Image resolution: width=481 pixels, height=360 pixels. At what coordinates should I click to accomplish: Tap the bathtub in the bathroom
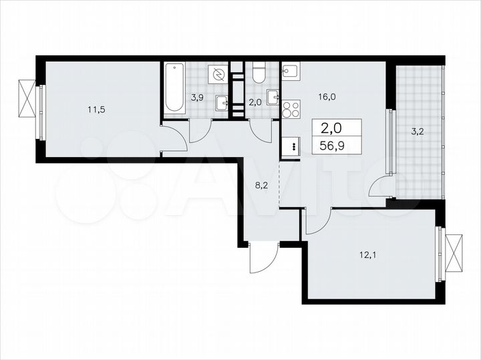click(x=174, y=87)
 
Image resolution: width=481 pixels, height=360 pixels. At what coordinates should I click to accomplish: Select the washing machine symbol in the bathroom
click(x=218, y=75)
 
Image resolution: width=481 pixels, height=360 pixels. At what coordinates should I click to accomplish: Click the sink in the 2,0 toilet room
click(x=273, y=98)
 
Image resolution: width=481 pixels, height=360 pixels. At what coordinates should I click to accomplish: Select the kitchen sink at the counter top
click(x=291, y=70)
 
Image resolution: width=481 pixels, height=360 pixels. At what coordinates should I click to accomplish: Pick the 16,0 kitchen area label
click(x=326, y=96)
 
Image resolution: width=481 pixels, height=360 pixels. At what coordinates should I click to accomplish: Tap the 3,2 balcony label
click(x=418, y=132)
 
